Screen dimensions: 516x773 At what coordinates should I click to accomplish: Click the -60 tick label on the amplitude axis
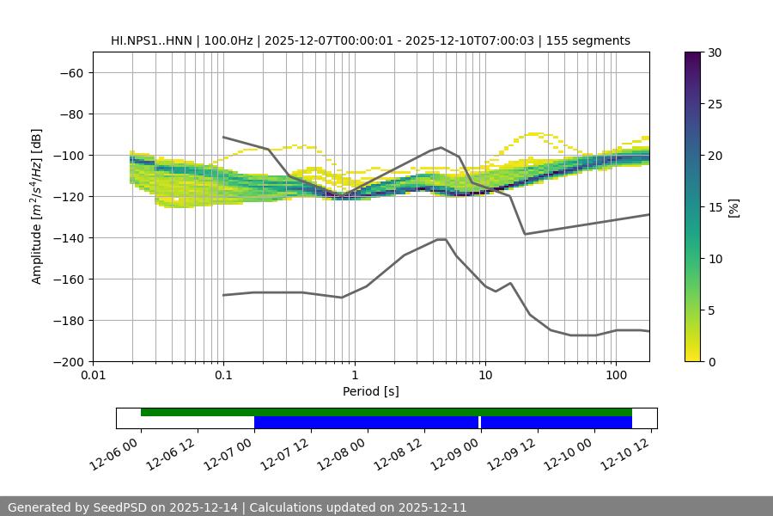[70, 72]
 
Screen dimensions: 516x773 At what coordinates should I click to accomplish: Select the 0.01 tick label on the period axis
[93, 376]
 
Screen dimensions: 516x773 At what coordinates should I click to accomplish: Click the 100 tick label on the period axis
[616, 376]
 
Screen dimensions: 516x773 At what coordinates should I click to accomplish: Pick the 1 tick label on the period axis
[354, 376]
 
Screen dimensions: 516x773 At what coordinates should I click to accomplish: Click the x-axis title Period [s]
[370, 391]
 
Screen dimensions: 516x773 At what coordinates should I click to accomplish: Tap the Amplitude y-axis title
[37, 206]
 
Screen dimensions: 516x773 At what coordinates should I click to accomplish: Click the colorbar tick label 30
[714, 52]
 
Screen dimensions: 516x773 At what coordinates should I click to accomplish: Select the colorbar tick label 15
[714, 207]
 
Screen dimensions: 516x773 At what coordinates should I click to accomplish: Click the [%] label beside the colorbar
[733, 207]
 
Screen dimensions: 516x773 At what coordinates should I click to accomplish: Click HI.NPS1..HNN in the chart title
[155, 40]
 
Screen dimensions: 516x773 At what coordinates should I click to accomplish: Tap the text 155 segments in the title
[593, 40]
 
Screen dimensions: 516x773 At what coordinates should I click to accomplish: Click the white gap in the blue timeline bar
[479, 422]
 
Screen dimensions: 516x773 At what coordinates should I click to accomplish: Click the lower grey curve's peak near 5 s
[441, 239]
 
